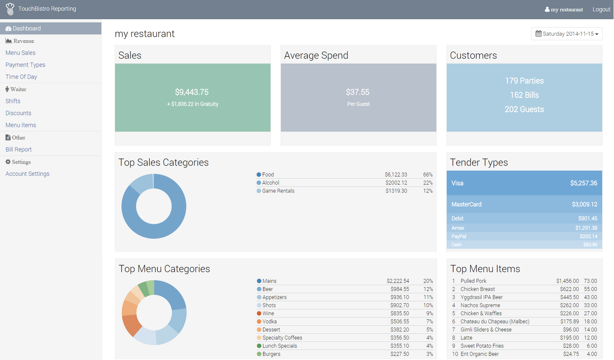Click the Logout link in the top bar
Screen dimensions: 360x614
(601, 9)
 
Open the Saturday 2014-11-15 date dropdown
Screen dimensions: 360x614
(567, 34)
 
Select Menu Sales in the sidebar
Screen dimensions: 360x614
(21, 53)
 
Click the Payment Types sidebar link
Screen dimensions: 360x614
(25, 65)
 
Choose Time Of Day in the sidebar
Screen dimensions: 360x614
(21, 77)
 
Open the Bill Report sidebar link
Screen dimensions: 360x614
(19, 149)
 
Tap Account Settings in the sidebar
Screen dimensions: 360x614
(28, 174)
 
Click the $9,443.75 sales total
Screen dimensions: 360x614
(192, 92)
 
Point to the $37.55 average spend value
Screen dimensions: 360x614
(357, 92)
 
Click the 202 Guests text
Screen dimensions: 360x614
(524, 110)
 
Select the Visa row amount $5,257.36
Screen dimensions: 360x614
(584, 183)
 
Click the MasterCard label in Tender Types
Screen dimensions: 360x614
(467, 204)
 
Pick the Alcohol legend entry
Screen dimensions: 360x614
(271, 183)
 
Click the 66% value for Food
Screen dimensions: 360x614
(428, 175)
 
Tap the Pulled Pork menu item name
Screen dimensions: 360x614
(473, 281)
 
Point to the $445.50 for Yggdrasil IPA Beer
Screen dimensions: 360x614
(569, 297)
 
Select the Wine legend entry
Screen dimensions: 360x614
(268, 313)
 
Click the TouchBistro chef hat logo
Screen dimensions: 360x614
(10, 9)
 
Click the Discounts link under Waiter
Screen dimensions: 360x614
(18, 113)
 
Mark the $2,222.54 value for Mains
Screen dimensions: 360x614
(398, 281)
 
